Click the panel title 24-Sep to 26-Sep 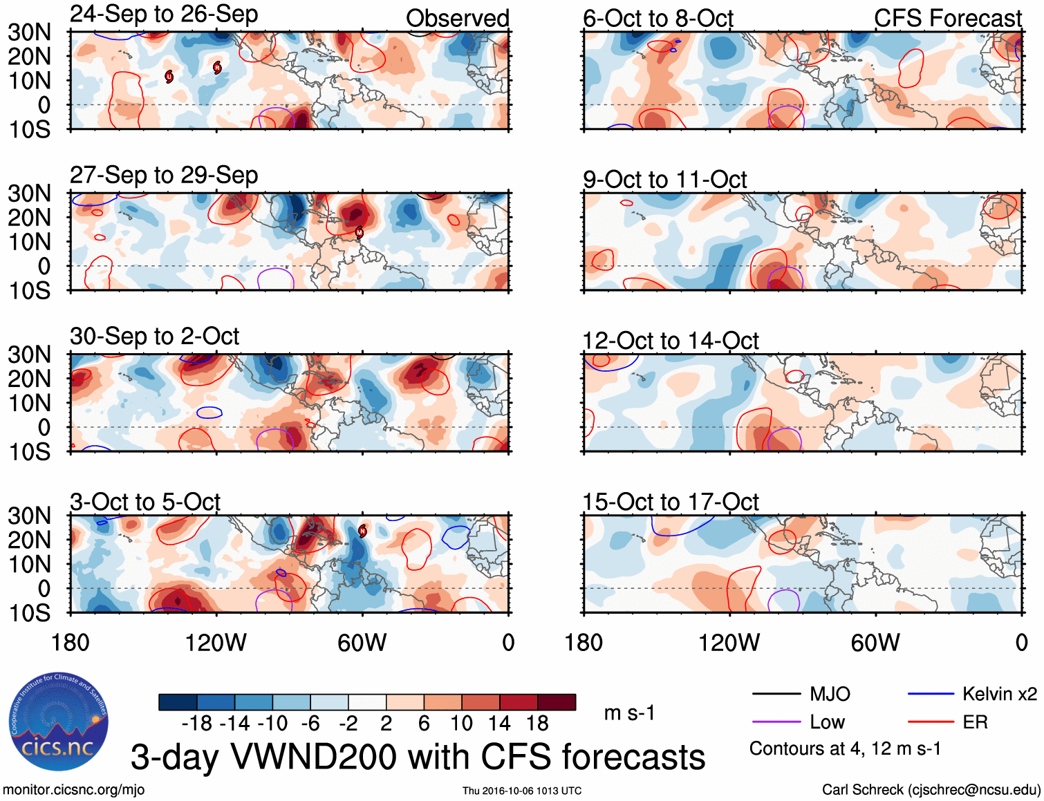[164, 14]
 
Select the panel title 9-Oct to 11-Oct [664, 180]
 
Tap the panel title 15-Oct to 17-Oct [671, 502]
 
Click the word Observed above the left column [457, 18]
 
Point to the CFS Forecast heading [947, 18]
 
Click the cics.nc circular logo [59, 722]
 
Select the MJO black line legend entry [802, 694]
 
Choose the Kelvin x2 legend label [999, 694]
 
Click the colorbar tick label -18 [196, 724]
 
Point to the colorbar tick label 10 [461, 724]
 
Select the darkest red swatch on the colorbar [557, 702]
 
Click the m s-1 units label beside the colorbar [629, 713]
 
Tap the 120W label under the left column [216, 643]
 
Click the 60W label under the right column [875, 643]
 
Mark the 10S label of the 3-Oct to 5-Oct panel [29, 613]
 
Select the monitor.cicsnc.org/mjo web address [74, 790]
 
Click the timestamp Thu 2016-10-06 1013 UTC [522, 791]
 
